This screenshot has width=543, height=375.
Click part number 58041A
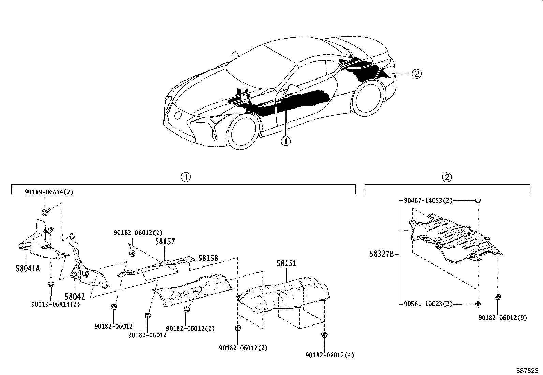(x=28, y=268)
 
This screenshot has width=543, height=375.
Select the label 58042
(x=75, y=297)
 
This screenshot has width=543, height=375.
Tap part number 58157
(x=165, y=242)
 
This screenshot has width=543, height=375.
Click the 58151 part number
(x=286, y=263)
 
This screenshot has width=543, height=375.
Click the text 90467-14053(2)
(x=428, y=201)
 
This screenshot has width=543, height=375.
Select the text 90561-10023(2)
(x=428, y=304)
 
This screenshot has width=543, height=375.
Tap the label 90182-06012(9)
(x=502, y=318)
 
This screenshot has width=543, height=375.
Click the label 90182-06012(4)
(x=329, y=355)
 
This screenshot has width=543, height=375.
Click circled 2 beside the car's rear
(x=417, y=73)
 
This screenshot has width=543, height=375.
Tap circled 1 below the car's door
(x=285, y=141)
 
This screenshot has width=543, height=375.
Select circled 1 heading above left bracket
(x=186, y=177)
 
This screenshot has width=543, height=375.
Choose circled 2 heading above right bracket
(x=447, y=177)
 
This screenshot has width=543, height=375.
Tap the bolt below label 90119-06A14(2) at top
(x=45, y=212)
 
